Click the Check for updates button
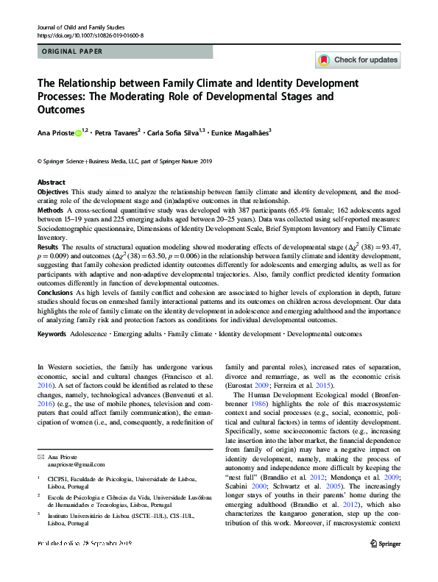coord(357,60)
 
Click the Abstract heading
coord(51,181)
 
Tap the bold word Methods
coord(50,210)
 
